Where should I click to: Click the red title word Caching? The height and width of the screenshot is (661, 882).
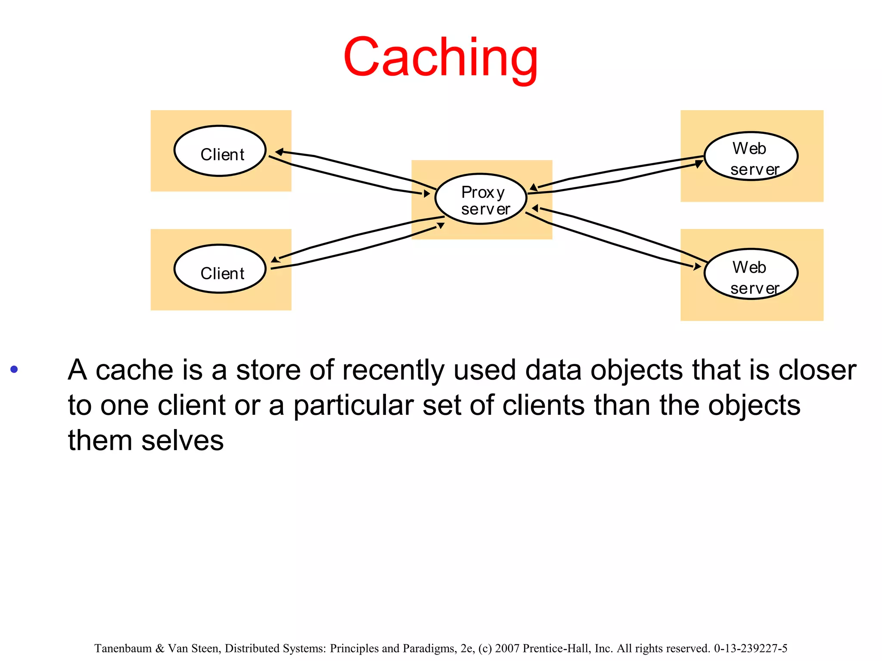coord(441,58)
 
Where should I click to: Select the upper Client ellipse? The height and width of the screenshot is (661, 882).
coord(220,151)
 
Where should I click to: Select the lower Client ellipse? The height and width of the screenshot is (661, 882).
coord(220,269)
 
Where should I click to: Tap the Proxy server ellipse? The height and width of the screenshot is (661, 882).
coord(481,199)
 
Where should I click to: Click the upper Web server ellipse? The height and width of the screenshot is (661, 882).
coord(751,156)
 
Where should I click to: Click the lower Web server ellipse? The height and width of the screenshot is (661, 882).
coord(751,274)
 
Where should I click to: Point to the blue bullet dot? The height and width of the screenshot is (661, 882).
coord(14,369)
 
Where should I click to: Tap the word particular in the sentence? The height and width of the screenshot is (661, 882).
coord(353,405)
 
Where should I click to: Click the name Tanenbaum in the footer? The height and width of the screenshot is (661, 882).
coord(123,649)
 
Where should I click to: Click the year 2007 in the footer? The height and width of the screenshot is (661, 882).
coord(507,649)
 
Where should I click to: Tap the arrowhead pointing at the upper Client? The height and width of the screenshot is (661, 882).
coord(279,152)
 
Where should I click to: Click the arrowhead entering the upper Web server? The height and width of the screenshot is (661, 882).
coord(699,164)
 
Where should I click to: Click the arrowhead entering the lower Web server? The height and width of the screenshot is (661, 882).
coord(697,266)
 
